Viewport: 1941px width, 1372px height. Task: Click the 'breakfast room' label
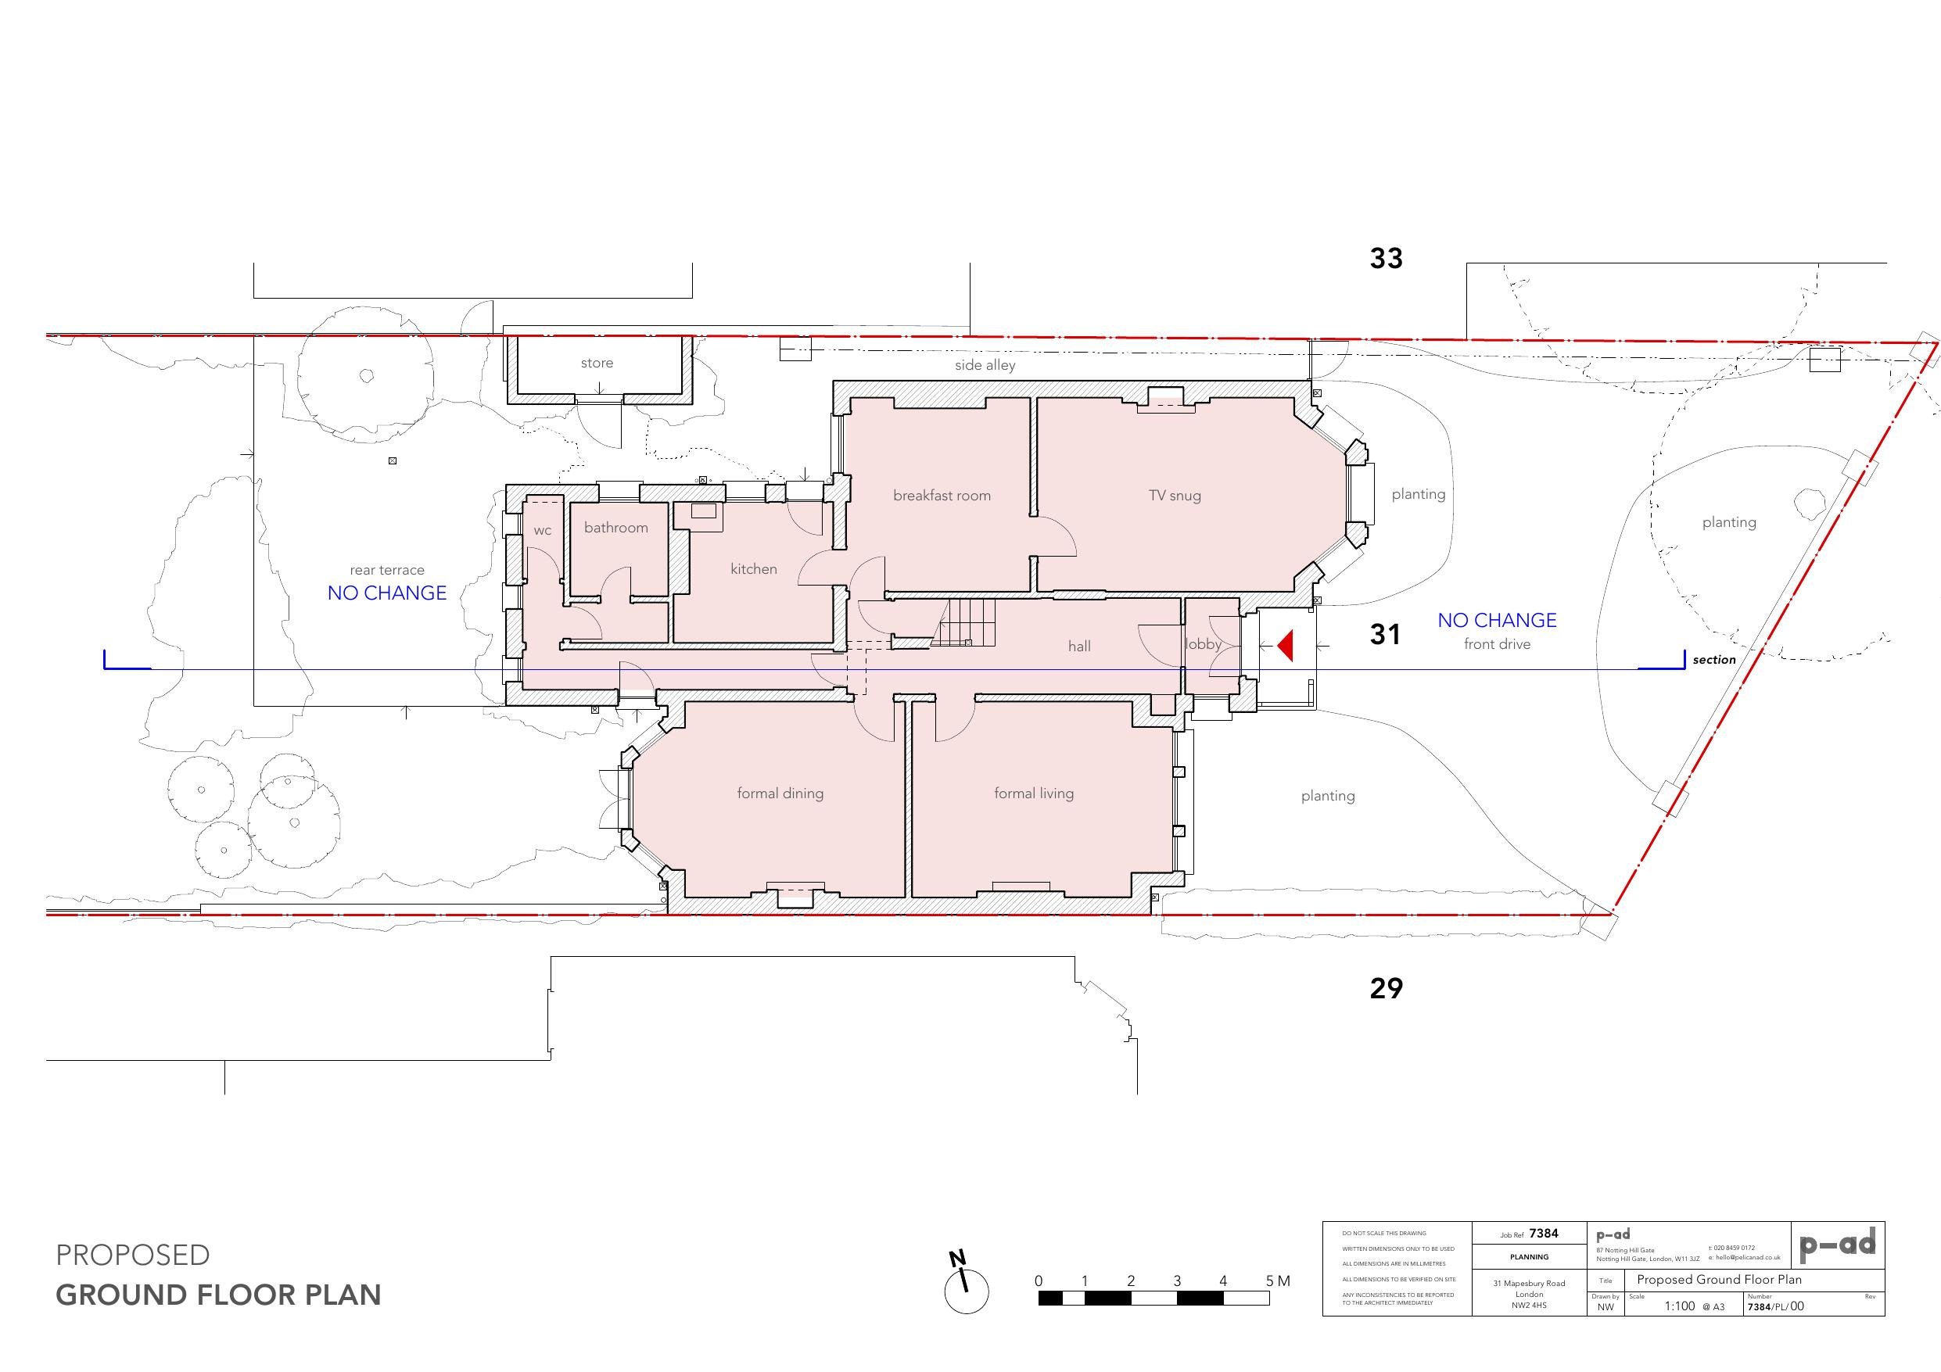pos(942,496)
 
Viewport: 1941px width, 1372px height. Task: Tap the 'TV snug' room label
pos(1175,496)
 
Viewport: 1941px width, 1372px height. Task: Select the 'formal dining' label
pos(780,793)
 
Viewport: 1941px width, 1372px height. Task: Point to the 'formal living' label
pos(1033,793)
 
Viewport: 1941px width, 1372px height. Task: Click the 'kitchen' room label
pos(753,569)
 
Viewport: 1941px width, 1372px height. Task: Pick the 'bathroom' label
pos(615,528)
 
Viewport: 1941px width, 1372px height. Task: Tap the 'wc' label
pos(542,531)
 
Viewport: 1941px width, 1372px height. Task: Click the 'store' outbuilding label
pos(596,363)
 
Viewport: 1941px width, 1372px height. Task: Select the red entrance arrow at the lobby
pos(1286,646)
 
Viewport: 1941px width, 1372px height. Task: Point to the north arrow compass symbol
pos(966,1286)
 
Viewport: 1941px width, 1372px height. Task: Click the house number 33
pos(1386,259)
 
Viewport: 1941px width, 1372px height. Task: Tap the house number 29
pos(1386,987)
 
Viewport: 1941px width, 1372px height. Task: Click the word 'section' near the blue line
pos(1713,659)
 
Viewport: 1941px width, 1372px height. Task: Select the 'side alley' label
pos(985,365)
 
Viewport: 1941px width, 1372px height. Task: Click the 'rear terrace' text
pos(386,570)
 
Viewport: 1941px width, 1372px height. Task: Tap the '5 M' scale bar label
pos(1277,1281)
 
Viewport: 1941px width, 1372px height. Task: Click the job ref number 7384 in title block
pos(1544,1234)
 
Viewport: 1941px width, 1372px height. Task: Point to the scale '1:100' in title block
pos(1679,1306)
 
